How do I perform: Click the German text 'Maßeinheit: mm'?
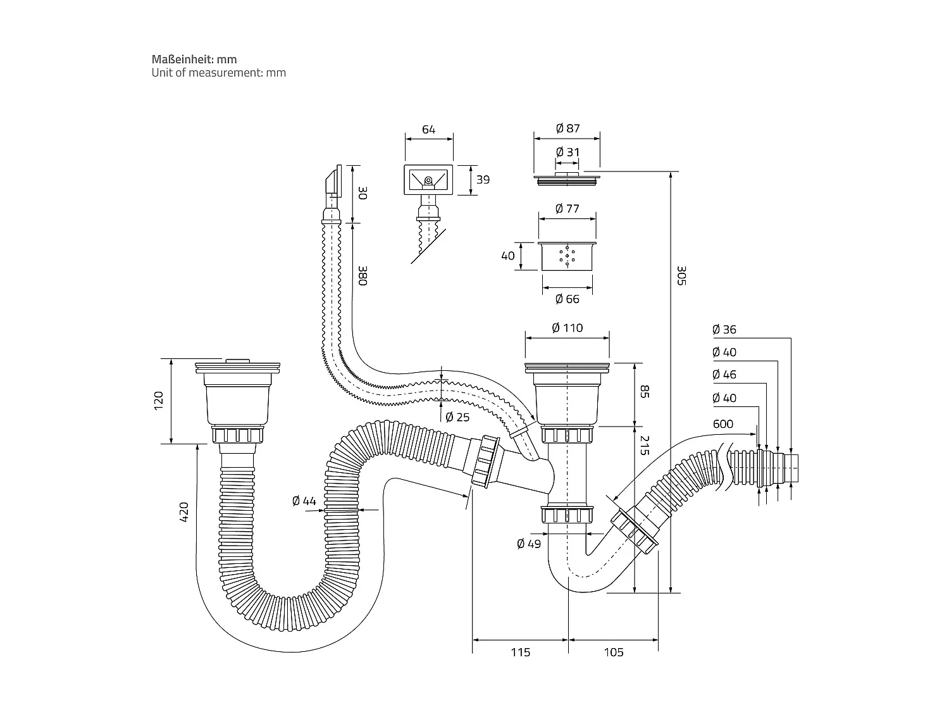point(194,59)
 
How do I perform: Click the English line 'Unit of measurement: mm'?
point(218,73)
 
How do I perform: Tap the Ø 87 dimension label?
point(568,128)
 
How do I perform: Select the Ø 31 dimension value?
point(568,152)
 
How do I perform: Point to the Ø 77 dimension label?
point(567,208)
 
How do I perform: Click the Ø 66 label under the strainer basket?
point(567,299)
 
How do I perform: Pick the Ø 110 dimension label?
point(567,328)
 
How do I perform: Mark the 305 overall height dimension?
point(681,275)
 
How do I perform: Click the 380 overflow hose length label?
point(362,275)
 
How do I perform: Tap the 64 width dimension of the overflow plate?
point(428,130)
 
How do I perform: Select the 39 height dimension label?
point(483,180)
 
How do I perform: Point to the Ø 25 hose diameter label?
point(457,417)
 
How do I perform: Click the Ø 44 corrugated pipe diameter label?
point(304,501)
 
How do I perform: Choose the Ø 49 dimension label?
point(529,544)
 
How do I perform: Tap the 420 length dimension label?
point(184,511)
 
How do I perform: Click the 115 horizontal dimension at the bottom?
point(520,652)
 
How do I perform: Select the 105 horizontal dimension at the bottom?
point(613,652)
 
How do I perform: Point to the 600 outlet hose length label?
point(723,424)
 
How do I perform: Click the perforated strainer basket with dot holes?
point(567,256)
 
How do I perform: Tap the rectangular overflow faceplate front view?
point(428,180)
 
